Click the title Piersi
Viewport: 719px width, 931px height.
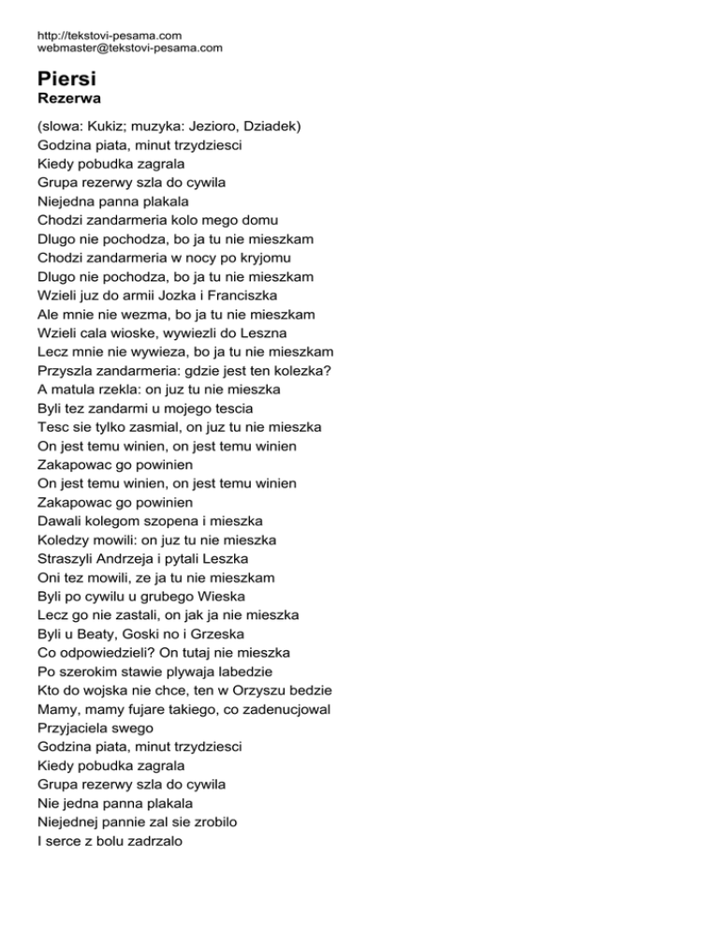click(68, 80)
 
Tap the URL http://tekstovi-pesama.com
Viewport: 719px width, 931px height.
click(110, 36)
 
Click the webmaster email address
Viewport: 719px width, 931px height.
click(130, 48)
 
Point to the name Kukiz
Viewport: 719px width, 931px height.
click(112, 126)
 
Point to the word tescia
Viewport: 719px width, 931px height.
click(252, 408)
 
